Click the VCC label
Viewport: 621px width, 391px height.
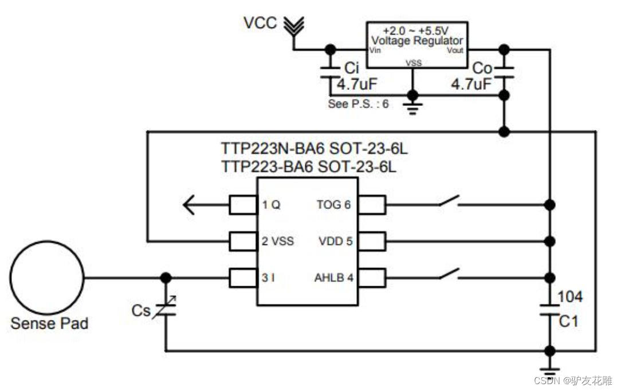pyautogui.click(x=260, y=23)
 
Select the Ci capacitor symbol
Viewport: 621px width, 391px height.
pyautogui.click(x=329, y=73)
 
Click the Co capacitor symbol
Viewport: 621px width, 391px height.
pyautogui.click(x=504, y=73)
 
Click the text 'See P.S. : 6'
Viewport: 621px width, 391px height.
pyautogui.click(x=358, y=104)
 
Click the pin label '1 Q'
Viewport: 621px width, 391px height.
pyautogui.click(x=272, y=204)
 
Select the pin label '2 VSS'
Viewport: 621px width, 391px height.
pyautogui.click(x=278, y=241)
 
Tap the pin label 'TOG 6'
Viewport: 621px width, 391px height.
pyautogui.click(x=333, y=204)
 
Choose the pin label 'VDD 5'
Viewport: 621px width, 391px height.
pyautogui.click(x=335, y=241)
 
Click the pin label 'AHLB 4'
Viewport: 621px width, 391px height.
pyautogui.click(x=334, y=278)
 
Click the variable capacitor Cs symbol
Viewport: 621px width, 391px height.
pyautogui.click(x=165, y=310)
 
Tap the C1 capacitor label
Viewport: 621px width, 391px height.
pyautogui.click(x=569, y=322)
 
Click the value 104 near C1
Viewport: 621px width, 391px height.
pyautogui.click(x=570, y=297)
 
